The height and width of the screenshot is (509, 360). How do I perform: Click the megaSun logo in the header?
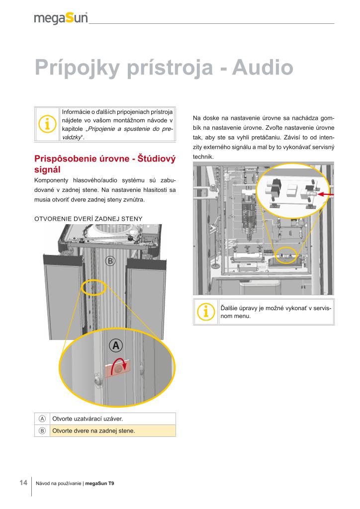(x=61, y=18)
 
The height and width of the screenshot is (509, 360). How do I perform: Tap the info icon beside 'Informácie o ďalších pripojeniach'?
(x=47, y=125)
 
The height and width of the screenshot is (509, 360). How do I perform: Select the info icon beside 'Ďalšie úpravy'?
(x=206, y=312)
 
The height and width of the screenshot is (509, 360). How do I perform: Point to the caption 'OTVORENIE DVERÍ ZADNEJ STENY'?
(x=88, y=219)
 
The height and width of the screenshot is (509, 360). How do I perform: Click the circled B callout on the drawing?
(x=110, y=260)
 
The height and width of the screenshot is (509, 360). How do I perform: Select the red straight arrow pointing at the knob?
(x=325, y=194)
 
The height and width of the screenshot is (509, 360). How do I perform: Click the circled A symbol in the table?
(x=42, y=419)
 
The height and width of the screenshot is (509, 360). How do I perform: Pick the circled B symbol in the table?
(x=42, y=430)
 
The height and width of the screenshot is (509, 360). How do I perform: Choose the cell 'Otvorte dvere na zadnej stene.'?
(x=93, y=430)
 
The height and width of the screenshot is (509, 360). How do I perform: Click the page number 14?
(x=23, y=483)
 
